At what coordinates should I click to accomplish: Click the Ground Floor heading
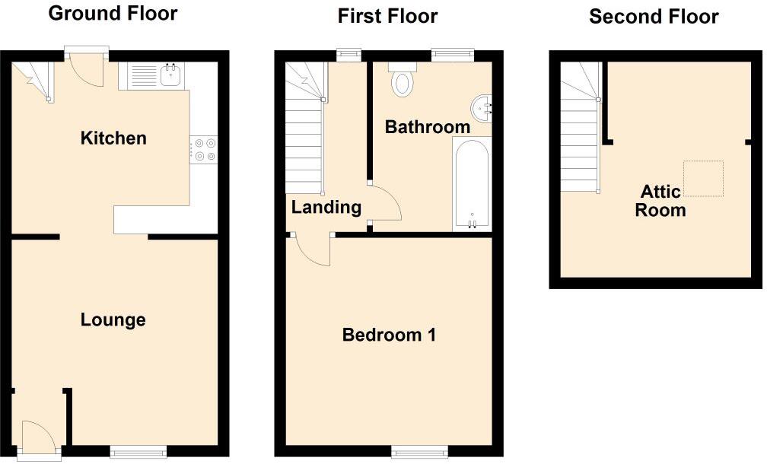click(x=113, y=14)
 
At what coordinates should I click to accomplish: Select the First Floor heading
click(x=387, y=16)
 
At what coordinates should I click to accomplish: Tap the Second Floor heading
click(x=654, y=17)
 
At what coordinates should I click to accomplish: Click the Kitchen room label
click(x=113, y=138)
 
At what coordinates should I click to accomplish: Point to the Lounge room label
click(x=113, y=320)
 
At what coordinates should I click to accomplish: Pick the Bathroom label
click(x=427, y=127)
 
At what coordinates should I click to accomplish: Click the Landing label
click(x=326, y=207)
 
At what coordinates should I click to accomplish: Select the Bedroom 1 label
click(x=389, y=335)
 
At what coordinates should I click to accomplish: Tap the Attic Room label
click(x=660, y=201)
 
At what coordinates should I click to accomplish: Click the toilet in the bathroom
click(x=402, y=80)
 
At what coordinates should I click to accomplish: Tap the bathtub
click(x=472, y=184)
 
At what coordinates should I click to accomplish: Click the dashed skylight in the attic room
click(x=702, y=179)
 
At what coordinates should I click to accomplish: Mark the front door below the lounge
click(x=39, y=440)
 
